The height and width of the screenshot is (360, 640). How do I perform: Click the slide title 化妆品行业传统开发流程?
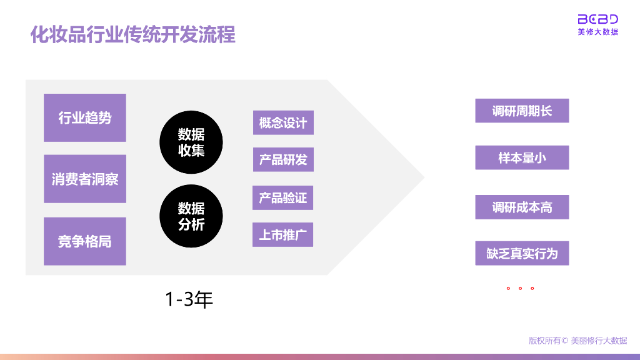pos(132,34)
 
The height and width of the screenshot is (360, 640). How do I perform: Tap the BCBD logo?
pos(597,19)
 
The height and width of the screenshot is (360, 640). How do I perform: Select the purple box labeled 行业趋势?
pos(85,117)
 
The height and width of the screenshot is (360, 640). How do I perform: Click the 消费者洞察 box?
pos(85,179)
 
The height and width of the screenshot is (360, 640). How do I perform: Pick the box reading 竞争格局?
pos(85,241)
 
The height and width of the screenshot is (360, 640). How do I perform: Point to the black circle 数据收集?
pos(191,142)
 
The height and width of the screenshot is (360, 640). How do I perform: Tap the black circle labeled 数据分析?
pos(191,216)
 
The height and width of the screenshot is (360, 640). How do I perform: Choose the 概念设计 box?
pos(283,122)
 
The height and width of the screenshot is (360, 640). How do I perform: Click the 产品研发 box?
pos(283,160)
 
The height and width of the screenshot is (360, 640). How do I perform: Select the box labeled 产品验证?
pos(283,197)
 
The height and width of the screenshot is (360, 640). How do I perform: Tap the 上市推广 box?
pos(283,235)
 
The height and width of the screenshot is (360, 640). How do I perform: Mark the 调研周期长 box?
pos(522,111)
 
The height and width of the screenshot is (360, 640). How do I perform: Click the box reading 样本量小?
pos(522,157)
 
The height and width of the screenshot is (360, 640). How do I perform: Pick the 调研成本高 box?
pos(522,207)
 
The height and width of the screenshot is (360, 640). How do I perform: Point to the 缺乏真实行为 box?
pos(522,253)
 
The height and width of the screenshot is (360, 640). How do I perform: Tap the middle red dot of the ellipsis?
pos(520,289)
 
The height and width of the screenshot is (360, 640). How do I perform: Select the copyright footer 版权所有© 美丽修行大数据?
pos(577,341)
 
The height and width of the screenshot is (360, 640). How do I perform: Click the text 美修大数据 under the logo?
pos(597,32)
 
